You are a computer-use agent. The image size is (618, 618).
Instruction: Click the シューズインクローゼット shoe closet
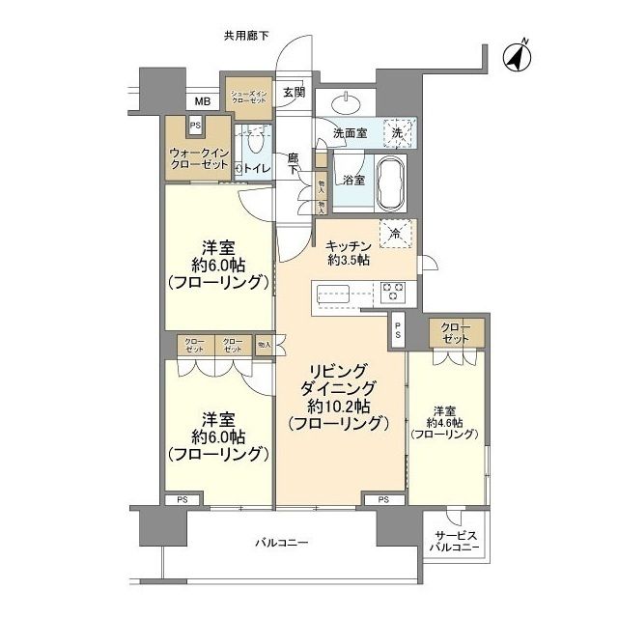tap(248, 97)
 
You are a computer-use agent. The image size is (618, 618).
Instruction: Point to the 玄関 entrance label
tap(294, 94)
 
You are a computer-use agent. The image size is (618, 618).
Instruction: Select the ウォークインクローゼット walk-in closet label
tap(197, 159)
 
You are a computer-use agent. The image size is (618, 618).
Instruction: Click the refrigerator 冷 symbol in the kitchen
tap(395, 233)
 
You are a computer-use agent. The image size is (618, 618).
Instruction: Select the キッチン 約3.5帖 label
tap(351, 253)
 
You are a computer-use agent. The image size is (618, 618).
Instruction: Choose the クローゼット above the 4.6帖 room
tap(455, 332)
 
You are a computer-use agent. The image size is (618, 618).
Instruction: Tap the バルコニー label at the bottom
tap(282, 544)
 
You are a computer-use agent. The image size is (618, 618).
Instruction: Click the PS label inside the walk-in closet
tap(195, 125)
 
